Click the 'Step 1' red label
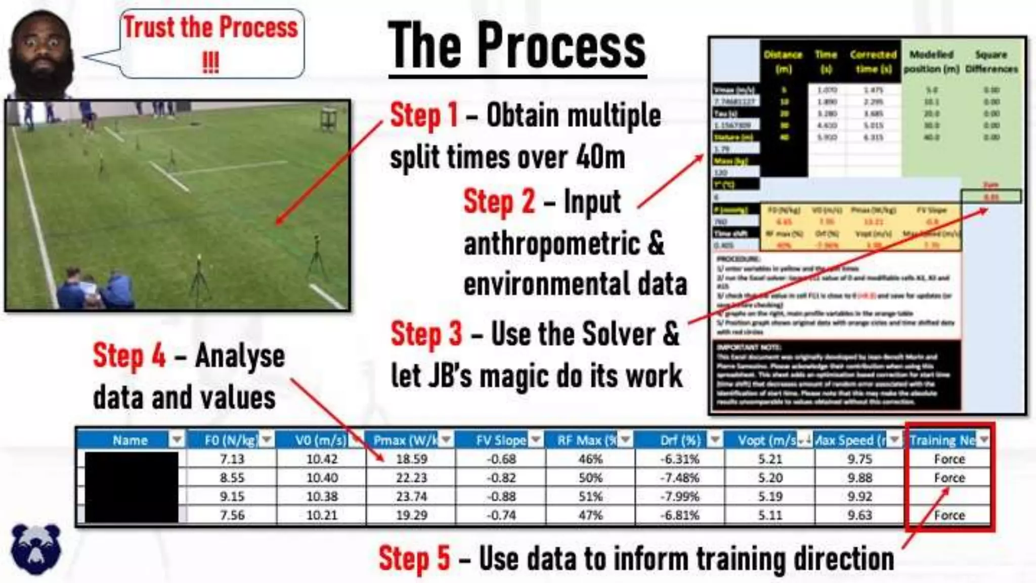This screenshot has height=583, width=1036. [x=424, y=115]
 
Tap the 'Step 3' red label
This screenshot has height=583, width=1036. [x=426, y=335]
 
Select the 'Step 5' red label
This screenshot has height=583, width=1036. [x=414, y=558]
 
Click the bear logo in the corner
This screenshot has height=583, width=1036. [x=35, y=549]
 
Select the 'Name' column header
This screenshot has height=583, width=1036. [x=130, y=440]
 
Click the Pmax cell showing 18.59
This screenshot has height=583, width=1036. [x=411, y=459]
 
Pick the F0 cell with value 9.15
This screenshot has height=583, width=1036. [x=232, y=496]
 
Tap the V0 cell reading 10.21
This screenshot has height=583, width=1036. [x=322, y=515]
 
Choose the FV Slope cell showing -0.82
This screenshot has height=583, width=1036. [x=501, y=478]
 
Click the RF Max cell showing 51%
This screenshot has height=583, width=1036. [x=590, y=496]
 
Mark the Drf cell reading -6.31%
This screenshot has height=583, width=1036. [x=680, y=459]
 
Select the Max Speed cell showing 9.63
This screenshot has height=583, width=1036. [x=859, y=515]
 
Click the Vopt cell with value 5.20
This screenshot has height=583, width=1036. [x=770, y=478]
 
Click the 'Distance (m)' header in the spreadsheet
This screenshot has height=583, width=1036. [x=783, y=61]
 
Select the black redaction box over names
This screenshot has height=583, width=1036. [x=132, y=487]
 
